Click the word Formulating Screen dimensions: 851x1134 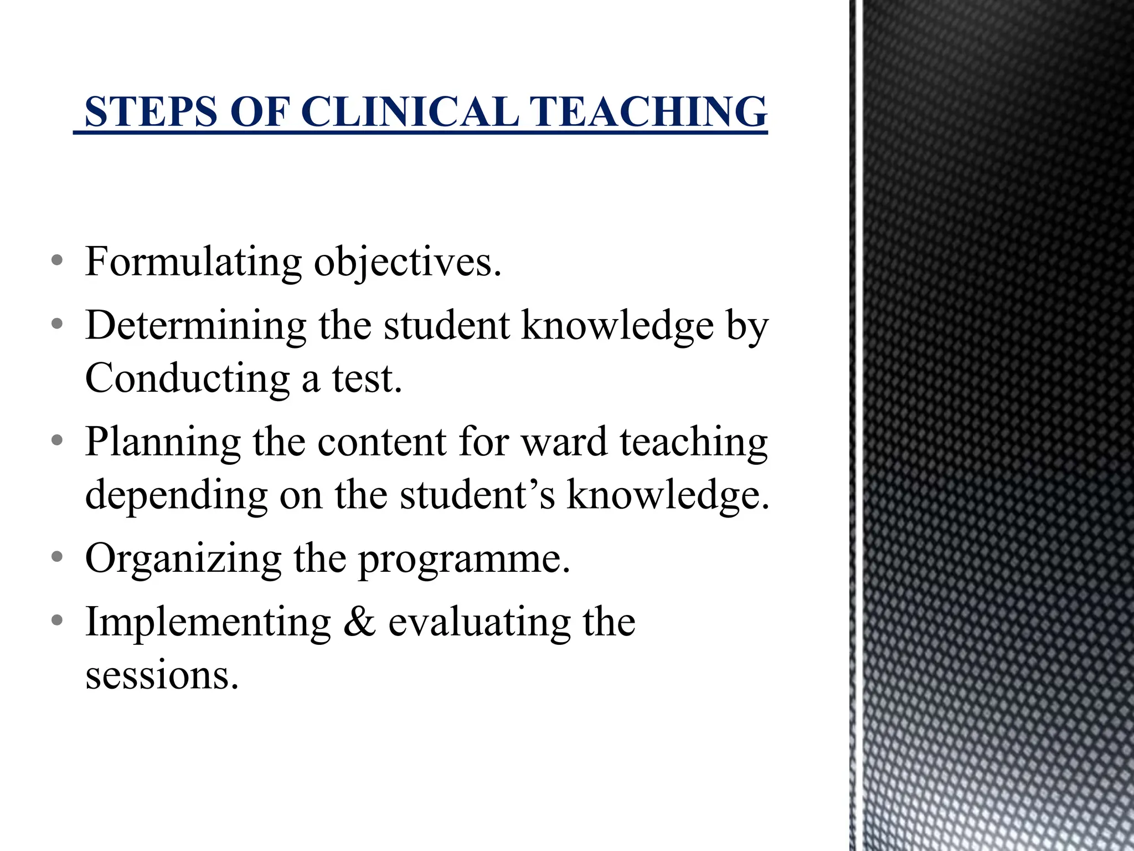pyautogui.click(x=193, y=262)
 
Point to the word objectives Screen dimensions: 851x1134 pyautogui.click(x=408, y=262)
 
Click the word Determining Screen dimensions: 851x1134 pyautogui.click(x=195, y=325)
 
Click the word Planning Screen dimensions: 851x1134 pyautogui.click(x=163, y=443)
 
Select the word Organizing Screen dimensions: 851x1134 pyautogui.click(x=183, y=559)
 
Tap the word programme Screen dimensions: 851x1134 pyautogui.click(x=464, y=559)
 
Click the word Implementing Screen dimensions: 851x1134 pyautogui.click(x=208, y=622)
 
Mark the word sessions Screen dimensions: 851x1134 pyautogui.click(x=162, y=675)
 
